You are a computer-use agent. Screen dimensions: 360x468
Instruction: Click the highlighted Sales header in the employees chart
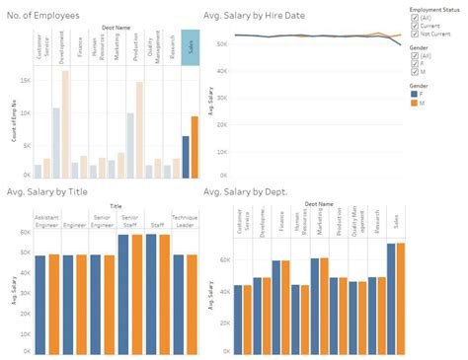pyautogui.click(x=191, y=47)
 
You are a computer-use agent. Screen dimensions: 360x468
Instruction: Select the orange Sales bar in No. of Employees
pyautogui.click(x=195, y=146)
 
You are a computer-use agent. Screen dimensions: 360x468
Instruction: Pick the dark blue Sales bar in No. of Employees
pyautogui.click(x=186, y=156)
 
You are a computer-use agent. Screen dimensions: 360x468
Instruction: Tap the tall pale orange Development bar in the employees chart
pyautogui.click(x=65, y=123)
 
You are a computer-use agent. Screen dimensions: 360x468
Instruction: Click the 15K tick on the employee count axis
pyautogui.click(x=26, y=80)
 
